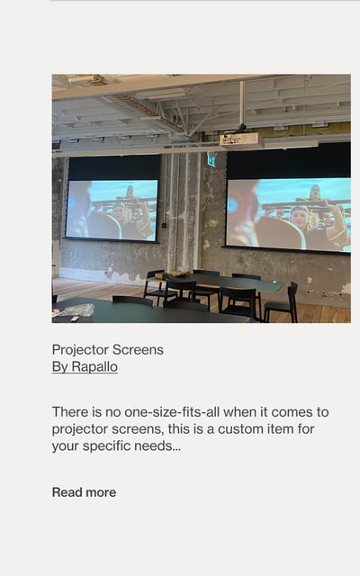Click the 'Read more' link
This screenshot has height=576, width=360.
click(84, 492)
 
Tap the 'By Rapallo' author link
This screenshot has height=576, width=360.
click(85, 366)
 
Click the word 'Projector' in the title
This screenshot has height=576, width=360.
click(80, 350)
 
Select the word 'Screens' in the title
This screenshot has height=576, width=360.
click(138, 350)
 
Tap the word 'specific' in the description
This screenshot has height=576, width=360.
click(106, 446)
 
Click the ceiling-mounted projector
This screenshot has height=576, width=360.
click(241, 140)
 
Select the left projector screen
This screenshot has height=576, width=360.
click(112, 210)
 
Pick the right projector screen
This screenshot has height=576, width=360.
click(288, 215)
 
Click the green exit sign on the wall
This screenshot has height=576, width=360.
click(211, 159)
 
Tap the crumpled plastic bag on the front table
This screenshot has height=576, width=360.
click(79, 310)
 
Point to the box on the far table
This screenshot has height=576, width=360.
click(174, 274)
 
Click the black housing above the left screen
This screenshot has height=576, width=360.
click(114, 167)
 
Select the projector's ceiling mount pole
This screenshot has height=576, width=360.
click(242, 104)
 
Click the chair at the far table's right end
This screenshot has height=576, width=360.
click(282, 303)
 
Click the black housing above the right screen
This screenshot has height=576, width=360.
click(289, 161)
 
